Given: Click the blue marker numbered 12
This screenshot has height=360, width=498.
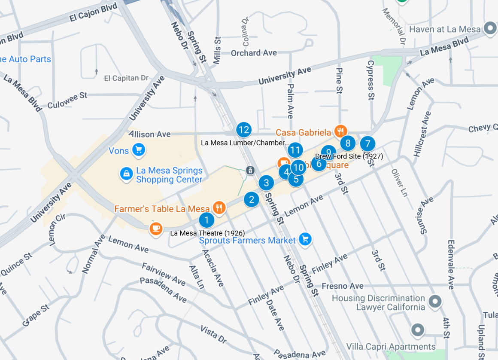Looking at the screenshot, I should point(243,129).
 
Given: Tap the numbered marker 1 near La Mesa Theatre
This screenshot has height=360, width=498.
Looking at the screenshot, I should point(206,220).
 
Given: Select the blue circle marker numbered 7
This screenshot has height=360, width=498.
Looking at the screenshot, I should point(367,143).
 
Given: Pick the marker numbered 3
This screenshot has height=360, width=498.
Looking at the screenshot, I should point(266,183).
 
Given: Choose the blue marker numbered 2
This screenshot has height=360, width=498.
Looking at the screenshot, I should point(252,199).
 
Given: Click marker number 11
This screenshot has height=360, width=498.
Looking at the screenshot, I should point(295,150).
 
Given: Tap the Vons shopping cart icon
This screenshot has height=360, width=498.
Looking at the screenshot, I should point(138,150).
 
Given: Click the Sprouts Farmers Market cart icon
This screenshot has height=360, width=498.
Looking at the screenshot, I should point(305,239).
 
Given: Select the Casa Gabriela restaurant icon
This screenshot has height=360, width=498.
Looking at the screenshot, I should point(341,131).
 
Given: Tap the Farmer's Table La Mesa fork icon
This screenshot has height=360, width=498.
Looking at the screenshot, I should point(219,208).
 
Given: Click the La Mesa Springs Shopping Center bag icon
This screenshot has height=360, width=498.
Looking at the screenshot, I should point(126,174).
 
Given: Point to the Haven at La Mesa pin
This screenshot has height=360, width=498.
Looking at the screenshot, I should point(490,29).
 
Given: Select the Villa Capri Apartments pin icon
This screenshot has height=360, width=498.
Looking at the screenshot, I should point(417,330).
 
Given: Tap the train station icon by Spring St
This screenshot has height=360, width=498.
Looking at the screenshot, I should point(250,171).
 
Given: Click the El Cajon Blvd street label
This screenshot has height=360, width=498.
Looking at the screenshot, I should point(93,14).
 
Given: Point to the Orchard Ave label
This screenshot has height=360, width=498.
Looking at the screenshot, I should point(254,53).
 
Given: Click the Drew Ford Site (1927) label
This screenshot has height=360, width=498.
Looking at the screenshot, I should point(349,156).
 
